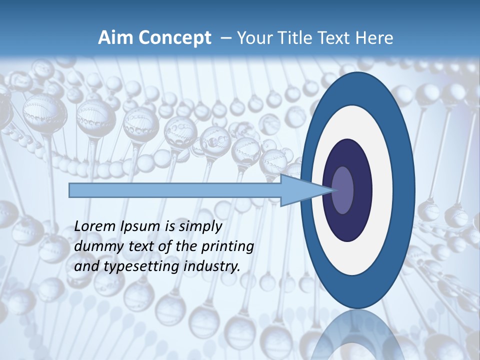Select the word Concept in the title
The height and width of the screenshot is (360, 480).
[174, 38]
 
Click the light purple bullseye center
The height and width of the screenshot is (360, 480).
[343, 190]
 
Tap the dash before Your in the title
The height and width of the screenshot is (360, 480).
[225, 38]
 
